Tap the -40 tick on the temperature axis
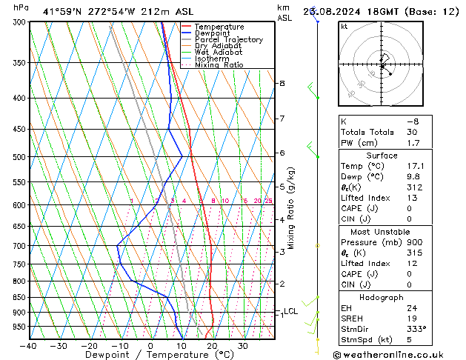click(28, 346)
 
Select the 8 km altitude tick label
click(282, 84)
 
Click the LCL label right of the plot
click(290, 311)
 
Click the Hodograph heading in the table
click(382, 296)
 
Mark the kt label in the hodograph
click(344, 26)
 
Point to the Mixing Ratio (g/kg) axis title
click(291, 207)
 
